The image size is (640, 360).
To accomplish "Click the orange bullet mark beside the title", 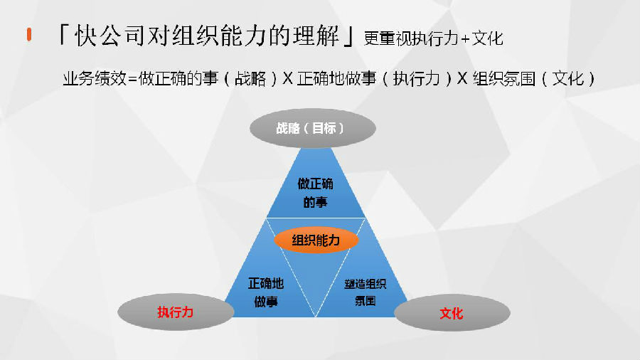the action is click(x=29, y=34).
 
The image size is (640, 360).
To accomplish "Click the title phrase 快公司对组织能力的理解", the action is click(x=206, y=35).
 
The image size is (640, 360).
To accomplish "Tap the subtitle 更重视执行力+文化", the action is click(x=433, y=38).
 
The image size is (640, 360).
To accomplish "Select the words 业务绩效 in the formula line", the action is click(x=95, y=78).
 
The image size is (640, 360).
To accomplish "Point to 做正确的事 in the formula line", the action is click(x=178, y=78).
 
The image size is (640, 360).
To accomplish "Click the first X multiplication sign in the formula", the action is click(x=287, y=78).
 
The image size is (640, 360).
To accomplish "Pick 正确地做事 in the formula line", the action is click(x=337, y=78).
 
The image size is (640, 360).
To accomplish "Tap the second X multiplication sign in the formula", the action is click(x=462, y=78).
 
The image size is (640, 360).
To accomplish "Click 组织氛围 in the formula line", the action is click(x=503, y=78).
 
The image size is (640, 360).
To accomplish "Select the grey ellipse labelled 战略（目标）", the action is click(x=313, y=128).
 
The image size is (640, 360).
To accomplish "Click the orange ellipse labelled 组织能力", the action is click(x=316, y=240).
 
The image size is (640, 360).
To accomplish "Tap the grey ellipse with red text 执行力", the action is click(x=176, y=312).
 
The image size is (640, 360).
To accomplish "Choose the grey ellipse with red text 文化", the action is click(x=452, y=313).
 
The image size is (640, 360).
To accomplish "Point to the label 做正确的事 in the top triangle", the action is click(x=316, y=193).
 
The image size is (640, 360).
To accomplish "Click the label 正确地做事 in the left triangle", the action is click(x=266, y=292).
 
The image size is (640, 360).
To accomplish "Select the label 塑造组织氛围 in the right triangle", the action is click(x=366, y=292).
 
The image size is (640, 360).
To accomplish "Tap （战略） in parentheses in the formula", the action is click(x=250, y=78).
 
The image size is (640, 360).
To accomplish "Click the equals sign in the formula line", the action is click(x=132, y=79).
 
